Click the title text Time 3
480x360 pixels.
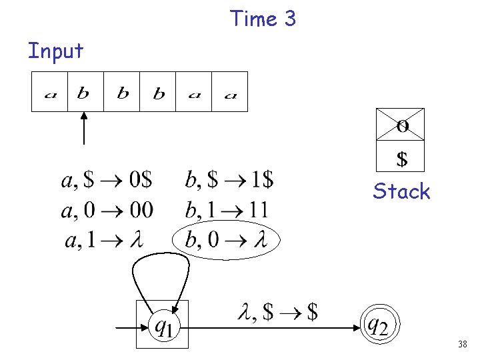tap(263, 19)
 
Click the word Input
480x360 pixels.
tap(56, 51)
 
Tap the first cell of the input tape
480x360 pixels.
tap(50, 92)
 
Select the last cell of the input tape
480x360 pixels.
tap(229, 92)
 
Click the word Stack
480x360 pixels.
tap(402, 192)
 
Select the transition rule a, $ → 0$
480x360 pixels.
tap(107, 180)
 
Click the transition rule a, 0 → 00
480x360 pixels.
tap(107, 210)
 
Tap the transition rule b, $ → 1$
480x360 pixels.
tap(229, 180)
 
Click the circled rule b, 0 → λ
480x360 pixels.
tap(226, 239)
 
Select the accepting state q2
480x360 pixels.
tap(378, 325)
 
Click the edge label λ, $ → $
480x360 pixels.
tap(277, 311)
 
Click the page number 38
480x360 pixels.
tap(462, 345)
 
